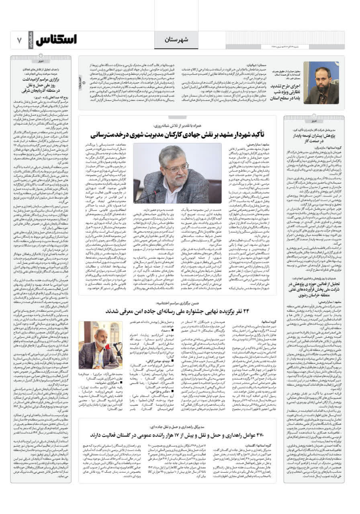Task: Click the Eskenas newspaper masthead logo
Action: coord(56,40)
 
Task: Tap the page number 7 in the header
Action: coord(19,41)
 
